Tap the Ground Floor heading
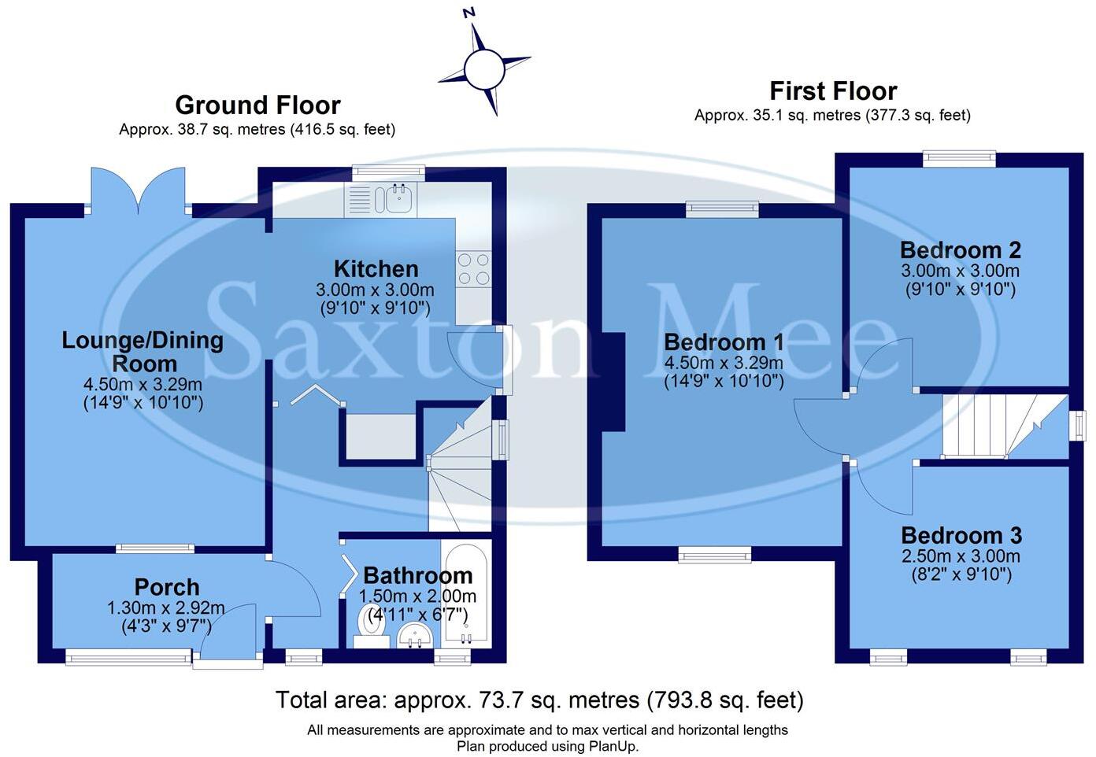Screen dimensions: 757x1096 pos(257,105)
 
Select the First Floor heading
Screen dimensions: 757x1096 pos(833,91)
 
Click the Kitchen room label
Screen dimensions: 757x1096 pos(376,268)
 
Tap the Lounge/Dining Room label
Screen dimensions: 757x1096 pos(143,352)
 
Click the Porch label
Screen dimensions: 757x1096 pos(166,587)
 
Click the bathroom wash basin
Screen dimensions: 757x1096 pos(415,634)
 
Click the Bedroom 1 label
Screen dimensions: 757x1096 pos(724,342)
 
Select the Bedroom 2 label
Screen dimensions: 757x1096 pos(960,250)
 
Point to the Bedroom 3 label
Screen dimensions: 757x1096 pos(961,536)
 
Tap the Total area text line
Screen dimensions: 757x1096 pos(539,700)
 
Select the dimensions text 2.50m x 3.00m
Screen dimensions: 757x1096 pos(961,556)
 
